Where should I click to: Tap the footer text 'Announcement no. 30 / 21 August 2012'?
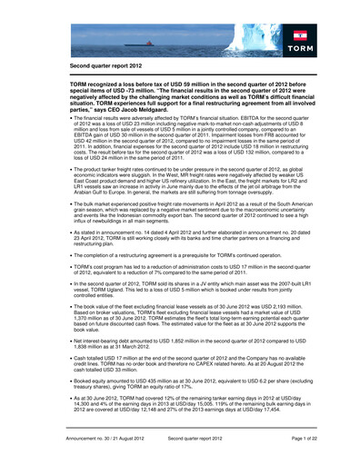[113, 439]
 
